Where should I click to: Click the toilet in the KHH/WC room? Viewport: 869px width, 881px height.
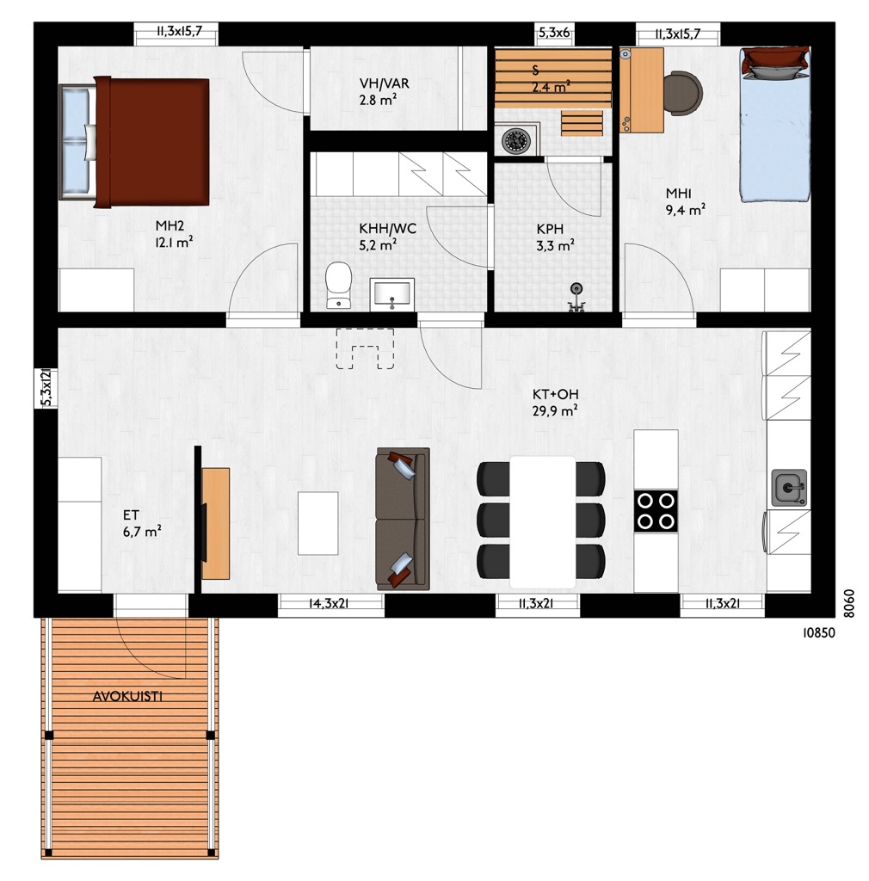click(x=338, y=285)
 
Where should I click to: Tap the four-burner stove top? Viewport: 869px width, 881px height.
click(x=656, y=511)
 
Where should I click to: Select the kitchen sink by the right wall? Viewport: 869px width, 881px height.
click(x=789, y=488)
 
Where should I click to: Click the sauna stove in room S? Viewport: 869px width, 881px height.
click(x=515, y=140)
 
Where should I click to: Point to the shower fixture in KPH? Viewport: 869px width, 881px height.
click(x=576, y=297)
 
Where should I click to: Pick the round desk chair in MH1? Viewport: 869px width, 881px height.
click(x=683, y=93)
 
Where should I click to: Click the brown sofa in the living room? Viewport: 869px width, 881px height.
click(x=403, y=519)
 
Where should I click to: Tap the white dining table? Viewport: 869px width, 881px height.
click(x=543, y=522)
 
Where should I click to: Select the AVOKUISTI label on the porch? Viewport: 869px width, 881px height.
click(x=127, y=696)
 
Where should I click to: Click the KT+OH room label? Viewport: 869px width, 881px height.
click(x=556, y=394)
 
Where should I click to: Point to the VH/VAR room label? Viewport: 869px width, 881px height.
click(x=385, y=83)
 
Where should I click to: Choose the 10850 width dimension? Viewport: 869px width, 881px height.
click(x=818, y=632)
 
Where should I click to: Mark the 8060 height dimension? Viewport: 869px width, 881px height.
click(x=848, y=603)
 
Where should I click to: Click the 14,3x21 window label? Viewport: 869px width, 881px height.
click(x=330, y=603)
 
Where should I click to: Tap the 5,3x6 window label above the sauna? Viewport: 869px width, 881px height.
click(x=554, y=34)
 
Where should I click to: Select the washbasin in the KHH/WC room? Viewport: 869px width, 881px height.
click(x=392, y=294)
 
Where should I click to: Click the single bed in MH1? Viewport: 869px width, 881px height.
click(x=775, y=124)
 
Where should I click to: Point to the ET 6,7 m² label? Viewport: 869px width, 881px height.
click(x=142, y=523)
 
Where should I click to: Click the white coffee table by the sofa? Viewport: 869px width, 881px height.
click(x=318, y=523)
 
